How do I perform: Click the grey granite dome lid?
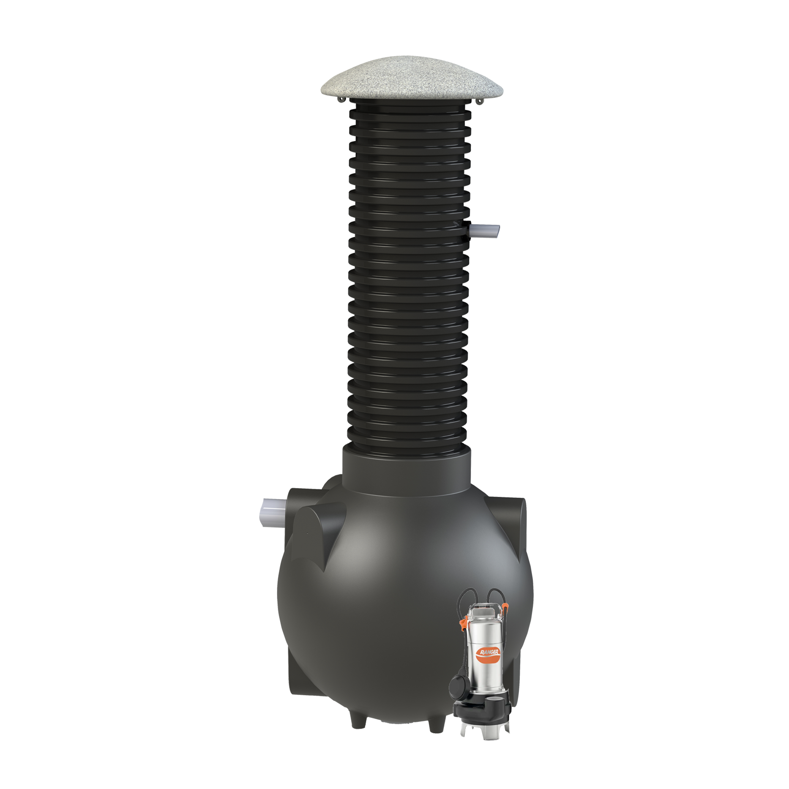click(x=412, y=80)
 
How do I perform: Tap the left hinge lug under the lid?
click(x=342, y=99)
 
